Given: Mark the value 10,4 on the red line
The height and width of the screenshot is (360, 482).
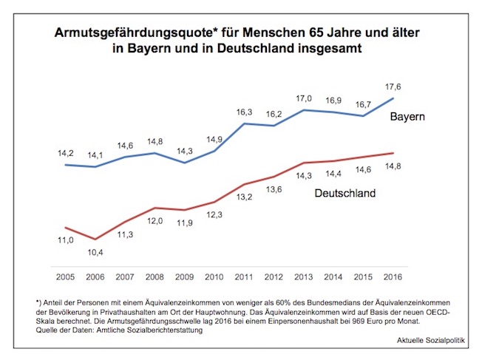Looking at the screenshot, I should (x=94, y=253).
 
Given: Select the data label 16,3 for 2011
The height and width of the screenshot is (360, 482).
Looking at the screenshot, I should (x=244, y=112).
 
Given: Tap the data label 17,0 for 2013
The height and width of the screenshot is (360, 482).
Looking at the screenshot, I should (x=304, y=98).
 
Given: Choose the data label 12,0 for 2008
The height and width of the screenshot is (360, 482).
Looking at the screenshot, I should (x=154, y=221).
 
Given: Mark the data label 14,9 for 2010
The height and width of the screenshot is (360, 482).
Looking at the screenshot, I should (x=214, y=139).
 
